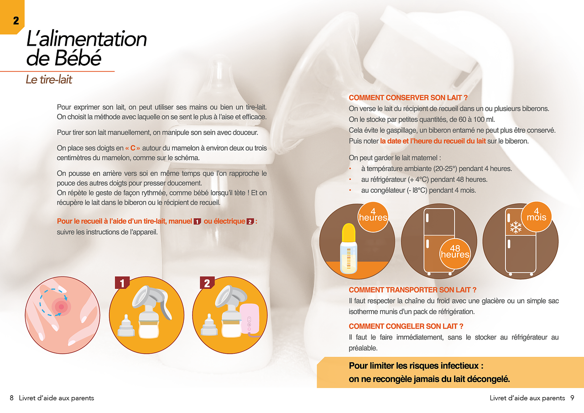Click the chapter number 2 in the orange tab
pos(16,21)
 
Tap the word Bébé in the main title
pos(78,58)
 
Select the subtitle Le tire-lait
pos(49,79)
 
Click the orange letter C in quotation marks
pos(133,148)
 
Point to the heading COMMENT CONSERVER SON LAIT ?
pos(408,98)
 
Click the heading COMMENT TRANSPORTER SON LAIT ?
pos(412,290)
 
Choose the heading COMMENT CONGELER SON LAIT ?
pos(406,326)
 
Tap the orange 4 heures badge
pos(373,217)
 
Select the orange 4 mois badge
pos(536,217)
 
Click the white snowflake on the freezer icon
pos(516,227)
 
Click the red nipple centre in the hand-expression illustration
pos(61,307)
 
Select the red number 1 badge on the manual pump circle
pos(122,282)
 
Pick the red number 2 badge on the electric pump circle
pos(207,282)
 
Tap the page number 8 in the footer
pos(11,398)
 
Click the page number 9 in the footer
pos(572,398)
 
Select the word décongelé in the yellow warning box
pos(488,379)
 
